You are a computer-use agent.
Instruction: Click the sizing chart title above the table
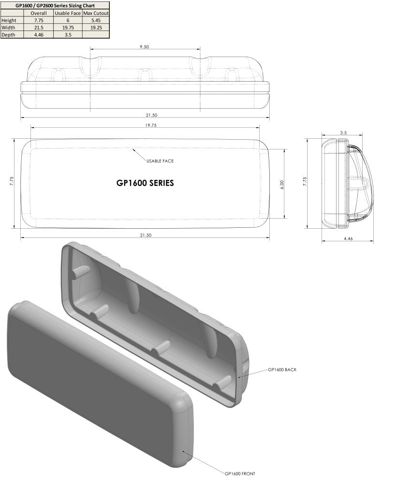click(55, 5)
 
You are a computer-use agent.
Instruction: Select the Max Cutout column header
click(96, 13)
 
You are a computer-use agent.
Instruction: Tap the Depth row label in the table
click(9, 35)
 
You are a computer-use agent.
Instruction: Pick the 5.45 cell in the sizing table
click(96, 20)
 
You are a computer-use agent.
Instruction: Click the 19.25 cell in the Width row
click(96, 28)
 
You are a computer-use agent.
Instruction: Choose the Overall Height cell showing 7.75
click(38, 20)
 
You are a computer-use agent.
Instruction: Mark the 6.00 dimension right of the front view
click(282, 184)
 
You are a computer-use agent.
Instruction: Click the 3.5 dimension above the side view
click(343, 132)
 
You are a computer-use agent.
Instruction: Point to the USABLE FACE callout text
click(160, 161)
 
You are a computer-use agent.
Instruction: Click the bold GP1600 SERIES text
click(145, 183)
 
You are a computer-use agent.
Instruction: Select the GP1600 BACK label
click(282, 369)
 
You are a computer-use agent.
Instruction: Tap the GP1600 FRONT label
click(240, 473)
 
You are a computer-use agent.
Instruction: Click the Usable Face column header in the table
click(68, 13)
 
